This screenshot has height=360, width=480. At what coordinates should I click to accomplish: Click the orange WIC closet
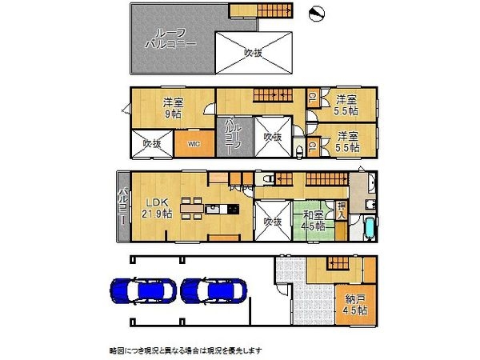pyautogui.click(x=194, y=144)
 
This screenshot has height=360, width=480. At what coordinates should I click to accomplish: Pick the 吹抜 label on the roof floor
pyautogui.click(x=254, y=53)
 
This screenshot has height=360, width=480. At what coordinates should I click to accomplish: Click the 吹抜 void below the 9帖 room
pyautogui.click(x=152, y=143)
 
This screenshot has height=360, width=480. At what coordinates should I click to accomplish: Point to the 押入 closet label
pyautogui.click(x=342, y=212)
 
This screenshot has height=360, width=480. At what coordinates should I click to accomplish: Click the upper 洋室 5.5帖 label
pyautogui.click(x=346, y=105)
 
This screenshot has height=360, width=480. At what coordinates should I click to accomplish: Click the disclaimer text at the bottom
pyautogui.click(x=185, y=350)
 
